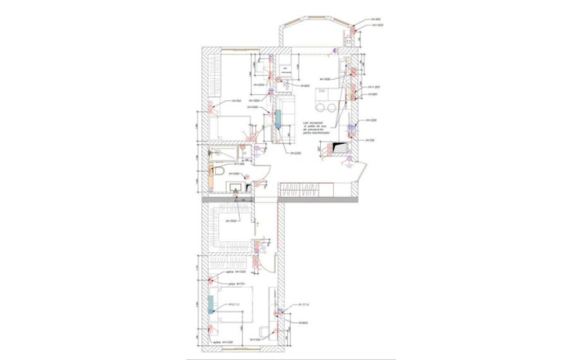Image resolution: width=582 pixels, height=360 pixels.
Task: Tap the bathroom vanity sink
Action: (235, 186)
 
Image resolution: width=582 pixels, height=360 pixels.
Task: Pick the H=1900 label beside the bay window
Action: (376, 20)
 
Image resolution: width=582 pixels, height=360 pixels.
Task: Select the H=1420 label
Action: (377, 26)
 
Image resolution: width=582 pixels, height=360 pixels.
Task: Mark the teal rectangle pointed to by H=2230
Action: (277, 117)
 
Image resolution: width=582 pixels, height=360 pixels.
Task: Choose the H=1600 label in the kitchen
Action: (326, 79)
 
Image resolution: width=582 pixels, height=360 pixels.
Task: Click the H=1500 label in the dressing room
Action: (233, 221)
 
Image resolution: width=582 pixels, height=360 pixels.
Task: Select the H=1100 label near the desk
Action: (255, 340)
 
